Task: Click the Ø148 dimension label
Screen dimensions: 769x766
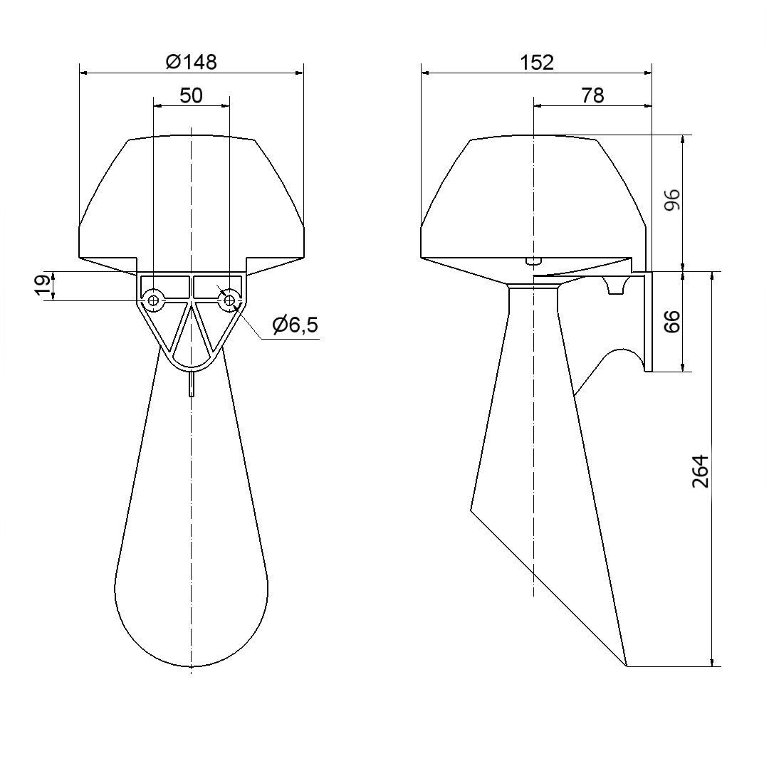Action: [x=192, y=62]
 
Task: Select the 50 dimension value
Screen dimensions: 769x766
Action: [x=192, y=95]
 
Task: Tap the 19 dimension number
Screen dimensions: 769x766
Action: [x=43, y=286]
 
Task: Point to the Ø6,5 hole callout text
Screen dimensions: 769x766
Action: [x=295, y=325]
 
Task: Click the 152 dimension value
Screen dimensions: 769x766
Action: [x=537, y=62]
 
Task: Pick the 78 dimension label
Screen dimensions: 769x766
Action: [x=592, y=95]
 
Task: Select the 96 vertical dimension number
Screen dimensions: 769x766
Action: [x=672, y=199]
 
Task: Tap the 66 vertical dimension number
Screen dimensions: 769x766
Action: [x=672, y=321]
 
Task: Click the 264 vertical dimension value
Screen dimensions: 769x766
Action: [x=701, y=471]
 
